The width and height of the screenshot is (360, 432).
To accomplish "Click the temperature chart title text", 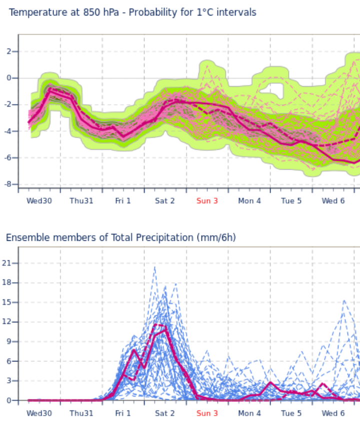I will [132, 12].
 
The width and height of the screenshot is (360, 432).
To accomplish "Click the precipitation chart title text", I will [120, 237].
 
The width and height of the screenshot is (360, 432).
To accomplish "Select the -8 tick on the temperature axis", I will [8, 184].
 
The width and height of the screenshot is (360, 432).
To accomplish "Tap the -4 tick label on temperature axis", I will [8, 131].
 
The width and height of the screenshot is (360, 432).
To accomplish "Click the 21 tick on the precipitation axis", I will [7, 263].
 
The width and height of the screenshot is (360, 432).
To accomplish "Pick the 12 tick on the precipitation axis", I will [7, 322].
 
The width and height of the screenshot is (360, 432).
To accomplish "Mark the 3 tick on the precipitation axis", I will [8, 381].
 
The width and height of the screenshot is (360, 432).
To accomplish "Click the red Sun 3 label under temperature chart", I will [207, 201].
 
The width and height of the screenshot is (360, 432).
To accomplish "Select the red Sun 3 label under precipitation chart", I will [207, 413].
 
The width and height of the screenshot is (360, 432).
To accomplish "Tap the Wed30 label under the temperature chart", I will [39, 201].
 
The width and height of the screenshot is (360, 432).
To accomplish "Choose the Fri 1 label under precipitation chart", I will [123, 413].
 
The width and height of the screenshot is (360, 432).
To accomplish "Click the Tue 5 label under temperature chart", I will [291, 201].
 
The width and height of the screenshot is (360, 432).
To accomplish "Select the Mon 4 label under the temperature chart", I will [249, 201].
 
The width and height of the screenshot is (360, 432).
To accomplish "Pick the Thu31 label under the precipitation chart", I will [81, 413].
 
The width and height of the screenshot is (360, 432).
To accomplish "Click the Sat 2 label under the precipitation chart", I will [165, 413].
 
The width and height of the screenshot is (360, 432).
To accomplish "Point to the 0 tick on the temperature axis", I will [8, 78].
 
